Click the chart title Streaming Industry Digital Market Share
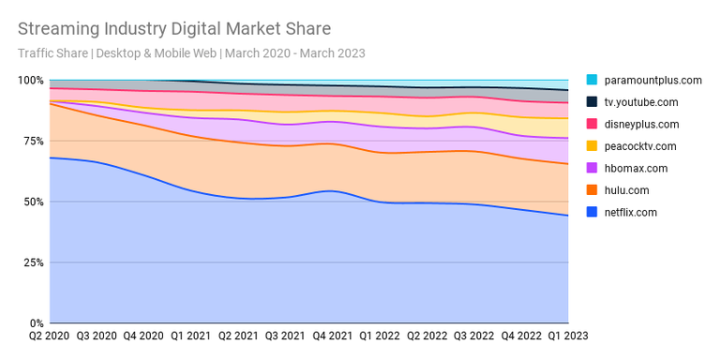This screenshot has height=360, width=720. point(174,29)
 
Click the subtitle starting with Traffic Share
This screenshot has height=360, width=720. point(191,53)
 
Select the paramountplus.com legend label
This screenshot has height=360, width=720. point(652,81)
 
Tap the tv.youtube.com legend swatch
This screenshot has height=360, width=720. point(592,102)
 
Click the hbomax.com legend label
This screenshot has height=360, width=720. point(637,169)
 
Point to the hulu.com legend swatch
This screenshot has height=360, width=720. point(592,190)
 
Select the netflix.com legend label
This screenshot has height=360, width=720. point(631,213)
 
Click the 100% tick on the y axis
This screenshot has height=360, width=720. point(31,81)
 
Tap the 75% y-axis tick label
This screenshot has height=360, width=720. point(33,141)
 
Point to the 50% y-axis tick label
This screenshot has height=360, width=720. point(33,202)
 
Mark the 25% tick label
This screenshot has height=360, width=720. point(33,262)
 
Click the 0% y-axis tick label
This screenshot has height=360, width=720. point(37,323)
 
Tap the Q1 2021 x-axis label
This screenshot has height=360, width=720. point(191,335)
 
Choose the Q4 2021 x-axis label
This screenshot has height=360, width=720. point(332,335)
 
